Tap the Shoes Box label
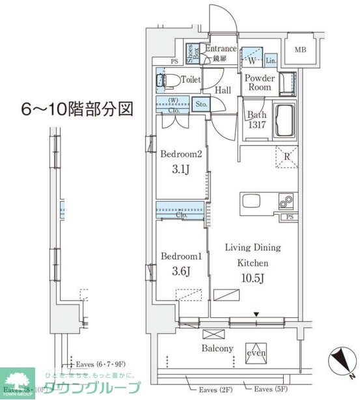click(x=193, y=52)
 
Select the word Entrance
click(x=220, y=49)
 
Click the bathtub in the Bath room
click(x=284, y=120)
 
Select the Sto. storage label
click(x=201, y=103)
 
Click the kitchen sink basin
click(x=253, y=203)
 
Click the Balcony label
click(x=217, y=349)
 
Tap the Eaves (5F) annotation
click(x=270, y=389)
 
